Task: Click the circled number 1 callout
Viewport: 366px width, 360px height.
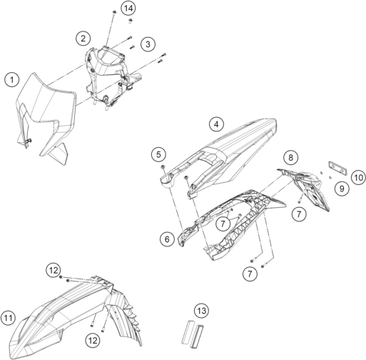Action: click(12, 80)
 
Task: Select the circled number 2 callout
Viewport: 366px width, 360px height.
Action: click(83, 38)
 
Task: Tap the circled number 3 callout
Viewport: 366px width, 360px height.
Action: click(148, 44)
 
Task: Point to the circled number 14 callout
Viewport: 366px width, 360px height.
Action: click(128, 9)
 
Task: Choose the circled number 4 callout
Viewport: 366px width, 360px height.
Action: click(216, 124)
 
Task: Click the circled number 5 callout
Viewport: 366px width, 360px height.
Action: click(158, 154)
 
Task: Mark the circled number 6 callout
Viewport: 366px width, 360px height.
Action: click(167, 239)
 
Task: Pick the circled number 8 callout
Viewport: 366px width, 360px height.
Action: click(290, 157)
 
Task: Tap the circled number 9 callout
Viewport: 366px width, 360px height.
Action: click(342, 189)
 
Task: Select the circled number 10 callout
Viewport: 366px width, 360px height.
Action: click(359, 178)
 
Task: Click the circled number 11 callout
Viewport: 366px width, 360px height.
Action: click(8, 318)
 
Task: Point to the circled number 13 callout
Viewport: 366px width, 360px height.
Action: click(201, 311)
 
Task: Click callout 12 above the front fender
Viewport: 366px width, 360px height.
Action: click(54, 270)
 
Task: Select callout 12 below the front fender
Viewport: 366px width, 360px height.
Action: click(93, 341)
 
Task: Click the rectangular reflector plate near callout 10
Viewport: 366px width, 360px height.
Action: click(337, 169)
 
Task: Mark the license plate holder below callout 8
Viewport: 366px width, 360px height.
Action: click(307, 187)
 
